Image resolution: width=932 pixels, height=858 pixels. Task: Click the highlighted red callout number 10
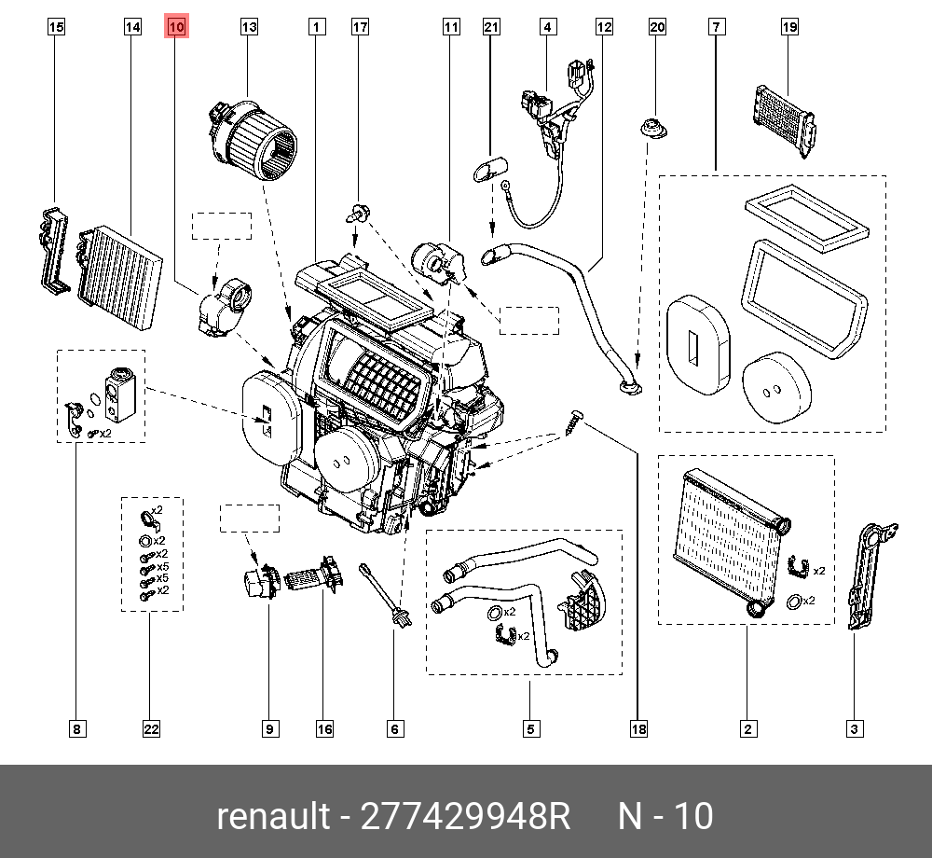coord(177,28)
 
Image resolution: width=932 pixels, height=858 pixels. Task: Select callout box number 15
coord(56,28)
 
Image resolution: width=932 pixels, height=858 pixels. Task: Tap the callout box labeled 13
coord(249,28)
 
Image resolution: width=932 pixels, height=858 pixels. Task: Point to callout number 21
coord(491,28)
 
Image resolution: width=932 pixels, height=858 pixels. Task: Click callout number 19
coord(789,28)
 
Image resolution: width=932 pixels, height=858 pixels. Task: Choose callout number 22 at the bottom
coord(151,729)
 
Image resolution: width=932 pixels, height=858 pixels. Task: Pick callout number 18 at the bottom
coord(638,729)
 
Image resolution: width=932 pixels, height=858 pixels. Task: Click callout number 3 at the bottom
coord(853,729)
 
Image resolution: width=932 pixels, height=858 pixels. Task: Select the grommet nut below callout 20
coord(655,131)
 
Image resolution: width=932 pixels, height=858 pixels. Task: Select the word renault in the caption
coord(273,816)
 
